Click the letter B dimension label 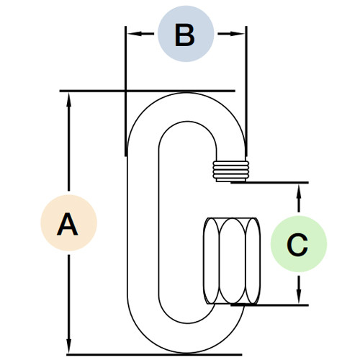pyautogui.click(x=185, y=34)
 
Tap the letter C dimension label pyautogui.click(x=297, y=245)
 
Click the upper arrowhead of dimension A pyautogui.click(x=69, y=99)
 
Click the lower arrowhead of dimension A pyautogui.click(x=69, y=346)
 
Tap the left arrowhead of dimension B pyautogui.click(x=131, y=33)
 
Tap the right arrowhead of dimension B pyautogui.click(x=240, y=33)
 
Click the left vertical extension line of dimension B pyautogui.click(x=125, y=86)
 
